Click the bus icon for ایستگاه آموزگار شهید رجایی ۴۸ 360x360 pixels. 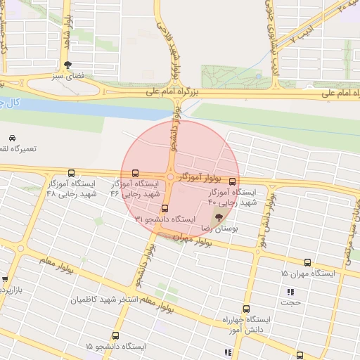click(70, 173)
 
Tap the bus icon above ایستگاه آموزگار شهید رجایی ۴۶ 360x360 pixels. click(135, 173)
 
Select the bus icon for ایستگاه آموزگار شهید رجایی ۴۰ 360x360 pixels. click(233, 180)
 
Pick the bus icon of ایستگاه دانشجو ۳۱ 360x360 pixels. click(165, 208)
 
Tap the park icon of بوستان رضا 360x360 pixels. click(218, 217)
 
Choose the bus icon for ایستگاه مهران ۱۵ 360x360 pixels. click(307, 262)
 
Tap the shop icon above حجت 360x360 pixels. click(290, 292)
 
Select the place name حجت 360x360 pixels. click(290, 303)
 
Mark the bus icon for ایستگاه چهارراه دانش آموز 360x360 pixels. click(246, 308)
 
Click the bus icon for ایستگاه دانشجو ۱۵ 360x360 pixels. click(116, 335)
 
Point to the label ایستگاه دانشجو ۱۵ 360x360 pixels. click(115, 347)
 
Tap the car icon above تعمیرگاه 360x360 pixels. click(13, 138)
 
